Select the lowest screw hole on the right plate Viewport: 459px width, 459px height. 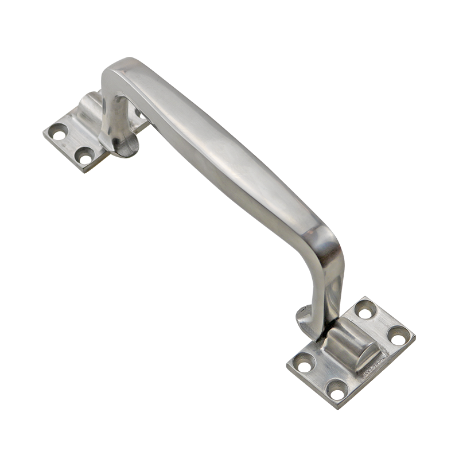tap(337, 390)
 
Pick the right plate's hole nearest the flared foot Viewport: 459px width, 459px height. tap(304, 363)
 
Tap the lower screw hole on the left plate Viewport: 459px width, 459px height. tap(85, 154)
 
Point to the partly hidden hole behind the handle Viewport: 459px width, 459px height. tap(139, 113)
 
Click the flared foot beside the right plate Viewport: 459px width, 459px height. tap(304, 321)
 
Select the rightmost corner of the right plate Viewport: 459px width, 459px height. tap(414, 335)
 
